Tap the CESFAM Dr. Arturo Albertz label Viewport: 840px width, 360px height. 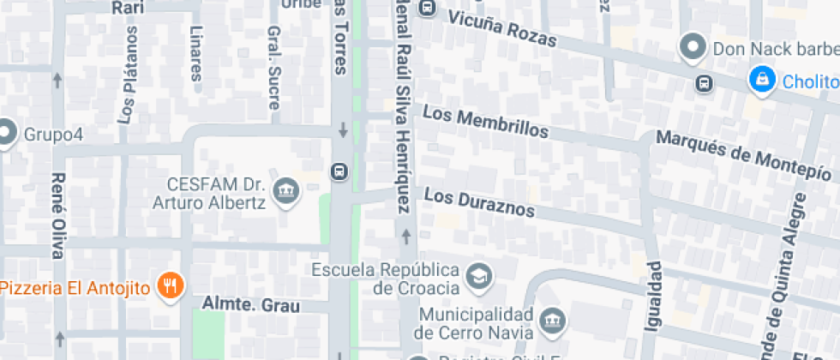[x=213, y=193]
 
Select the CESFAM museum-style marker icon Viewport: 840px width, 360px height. [x=285, y=192]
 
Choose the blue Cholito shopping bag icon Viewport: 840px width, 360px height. [x=760, y=81]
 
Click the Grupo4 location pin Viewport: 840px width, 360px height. [x=6, y=133]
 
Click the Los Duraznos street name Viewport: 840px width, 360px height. [x=479, y=203]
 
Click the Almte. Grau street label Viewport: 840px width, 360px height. [x=251, y=304]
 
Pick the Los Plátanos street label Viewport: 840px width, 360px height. [x=128, y=75]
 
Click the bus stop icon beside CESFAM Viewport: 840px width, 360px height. [x=340, y=172]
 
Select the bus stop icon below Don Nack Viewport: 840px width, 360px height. [x=704, y=83]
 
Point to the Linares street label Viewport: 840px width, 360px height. [x=195, y=53]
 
